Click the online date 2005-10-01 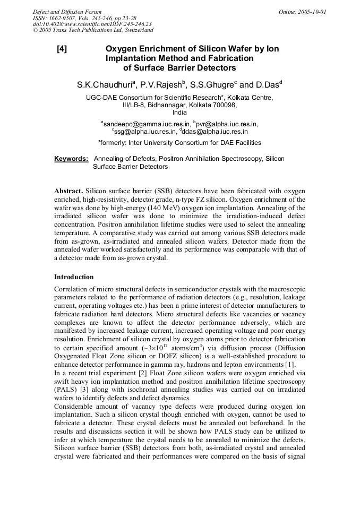click(312, 12)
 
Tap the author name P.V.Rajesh click(160, 85)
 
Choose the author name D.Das click(268, 85)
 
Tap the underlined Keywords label click(71, 159)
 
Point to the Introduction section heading click(74, 277)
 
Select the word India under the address click(180, 113)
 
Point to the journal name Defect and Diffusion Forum click(67, 12)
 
